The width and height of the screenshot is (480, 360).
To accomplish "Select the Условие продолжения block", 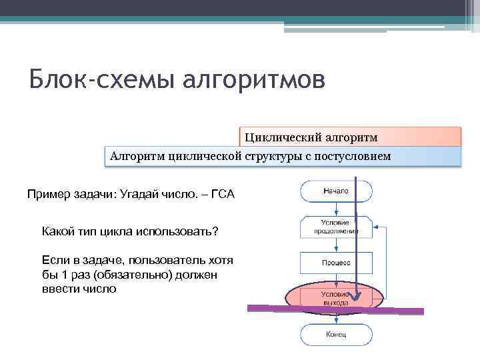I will (x=335, y=227).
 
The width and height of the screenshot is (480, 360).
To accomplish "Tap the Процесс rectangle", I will (x=335, y=263).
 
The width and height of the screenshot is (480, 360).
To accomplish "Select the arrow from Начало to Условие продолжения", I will (x=335, y=209).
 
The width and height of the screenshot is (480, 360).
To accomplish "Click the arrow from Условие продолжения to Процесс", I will (x=335, y=245).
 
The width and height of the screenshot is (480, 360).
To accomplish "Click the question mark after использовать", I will (x=215, y=231).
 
